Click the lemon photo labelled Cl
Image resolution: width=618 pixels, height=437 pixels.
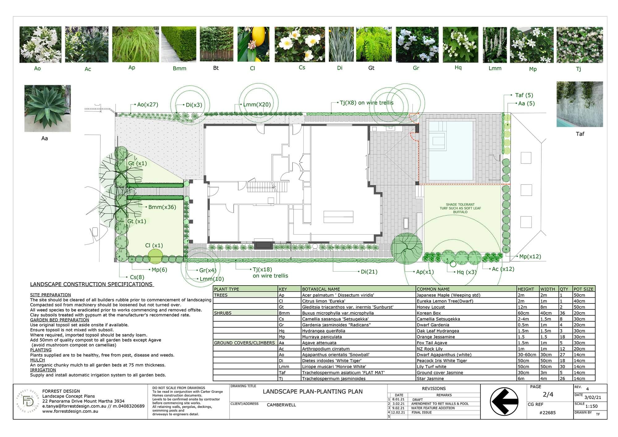(x=253, y=44)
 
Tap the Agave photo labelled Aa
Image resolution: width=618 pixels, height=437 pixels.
(x=48, y=108)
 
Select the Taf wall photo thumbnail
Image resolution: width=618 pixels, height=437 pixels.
(x=580, y=104)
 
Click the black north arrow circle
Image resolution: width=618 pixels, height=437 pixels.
(x=504, y=401)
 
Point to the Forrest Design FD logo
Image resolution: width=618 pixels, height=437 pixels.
(x=28, y=401)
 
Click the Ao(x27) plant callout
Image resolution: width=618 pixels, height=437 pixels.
(x=148, y=104)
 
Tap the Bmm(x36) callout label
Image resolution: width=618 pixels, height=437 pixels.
(x=162, y=207)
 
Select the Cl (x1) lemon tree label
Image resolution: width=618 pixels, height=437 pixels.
(x=154, y=245)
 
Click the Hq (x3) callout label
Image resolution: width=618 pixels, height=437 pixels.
(x=467, y=272)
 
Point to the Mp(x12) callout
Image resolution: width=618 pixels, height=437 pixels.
(x=530, y=257)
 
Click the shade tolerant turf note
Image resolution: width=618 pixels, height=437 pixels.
(x=460, y=208)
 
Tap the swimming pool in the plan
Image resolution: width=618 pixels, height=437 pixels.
(x=451, y=151)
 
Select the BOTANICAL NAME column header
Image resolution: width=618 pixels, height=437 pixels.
(x=321, y=289)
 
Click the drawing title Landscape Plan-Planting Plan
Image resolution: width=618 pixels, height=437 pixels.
(x=313, y=392)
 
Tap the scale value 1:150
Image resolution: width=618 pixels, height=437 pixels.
(x=591, y=406)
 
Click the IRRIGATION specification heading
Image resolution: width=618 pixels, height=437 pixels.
(x=43, y=370)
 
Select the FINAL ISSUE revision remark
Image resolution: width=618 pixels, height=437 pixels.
(x=421, y=413)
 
